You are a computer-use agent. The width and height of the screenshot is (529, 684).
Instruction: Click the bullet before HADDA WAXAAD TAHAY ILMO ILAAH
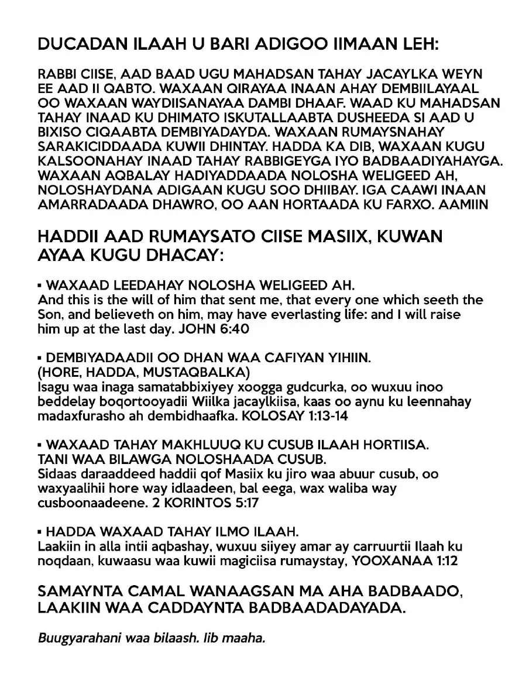40,532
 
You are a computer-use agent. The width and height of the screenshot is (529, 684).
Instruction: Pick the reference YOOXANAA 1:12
412,561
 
